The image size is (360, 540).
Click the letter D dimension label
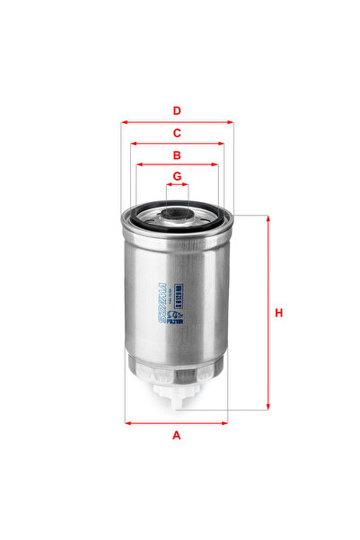(x=178, y=111)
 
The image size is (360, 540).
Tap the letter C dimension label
(x=178, y=133)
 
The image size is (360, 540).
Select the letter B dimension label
(x=178, y=155)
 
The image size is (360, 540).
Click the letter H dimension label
(x=279, y=313)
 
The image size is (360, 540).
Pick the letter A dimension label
(x=177, y=436)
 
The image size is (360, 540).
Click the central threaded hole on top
(x=177, y=212)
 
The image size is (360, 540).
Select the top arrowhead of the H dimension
(x=267, y=218)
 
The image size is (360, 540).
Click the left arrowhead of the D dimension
(x=124, y=122)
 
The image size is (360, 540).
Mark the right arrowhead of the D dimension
(x=231, y=122)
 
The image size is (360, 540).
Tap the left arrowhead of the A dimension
(x=127, y=422)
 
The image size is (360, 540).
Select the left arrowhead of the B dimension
(x=136, y=165)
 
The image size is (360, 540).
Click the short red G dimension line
(x=177, y=185)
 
